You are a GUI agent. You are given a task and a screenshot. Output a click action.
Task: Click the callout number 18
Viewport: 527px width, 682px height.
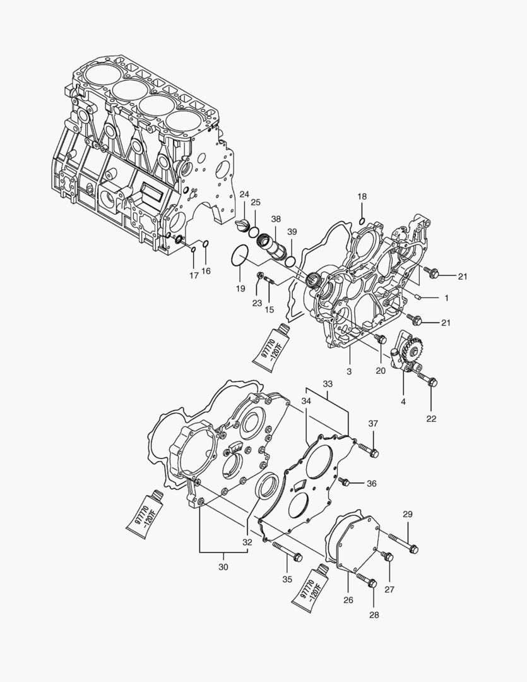tap(362, 197)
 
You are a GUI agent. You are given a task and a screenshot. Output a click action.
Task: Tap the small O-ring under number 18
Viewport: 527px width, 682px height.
tap(360, 220)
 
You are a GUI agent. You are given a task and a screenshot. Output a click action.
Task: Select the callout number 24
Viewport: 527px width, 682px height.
tap(244, 194)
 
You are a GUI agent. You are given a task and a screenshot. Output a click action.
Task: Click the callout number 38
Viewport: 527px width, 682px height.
tap(276, 218)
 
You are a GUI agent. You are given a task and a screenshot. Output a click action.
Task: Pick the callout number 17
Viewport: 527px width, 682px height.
tap(194, 275)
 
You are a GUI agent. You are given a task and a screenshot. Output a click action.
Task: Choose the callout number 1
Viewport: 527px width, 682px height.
tap(447, 297)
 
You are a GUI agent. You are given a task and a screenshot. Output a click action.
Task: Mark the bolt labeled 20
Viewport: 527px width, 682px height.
tap(381, 340)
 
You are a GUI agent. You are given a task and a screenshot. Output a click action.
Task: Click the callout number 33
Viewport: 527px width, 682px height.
tap(327, 384)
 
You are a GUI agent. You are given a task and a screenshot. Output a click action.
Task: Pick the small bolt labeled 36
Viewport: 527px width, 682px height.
tap(345, 482)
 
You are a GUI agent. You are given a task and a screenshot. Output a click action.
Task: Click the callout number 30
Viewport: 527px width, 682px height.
tap(223, 567)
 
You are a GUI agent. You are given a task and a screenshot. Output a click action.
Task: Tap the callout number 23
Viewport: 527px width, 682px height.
tap(257, 303)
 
